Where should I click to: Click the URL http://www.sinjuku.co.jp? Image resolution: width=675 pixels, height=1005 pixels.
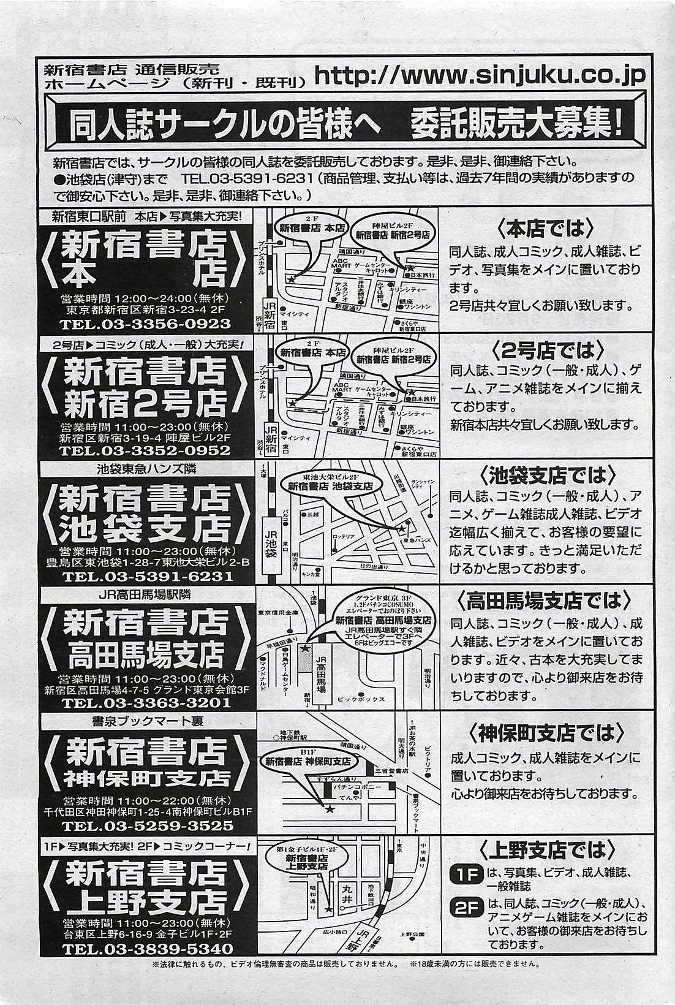click(480, 75)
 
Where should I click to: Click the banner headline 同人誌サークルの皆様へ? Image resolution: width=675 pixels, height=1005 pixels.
click(224, 126)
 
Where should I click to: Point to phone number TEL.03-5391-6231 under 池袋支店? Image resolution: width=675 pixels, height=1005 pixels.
click(147, 577)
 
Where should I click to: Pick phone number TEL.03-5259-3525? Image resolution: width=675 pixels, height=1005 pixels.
click(147, 826)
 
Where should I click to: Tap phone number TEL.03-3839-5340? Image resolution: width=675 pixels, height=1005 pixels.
click(147, 949)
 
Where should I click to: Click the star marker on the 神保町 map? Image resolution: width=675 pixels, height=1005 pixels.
click(330, 810)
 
